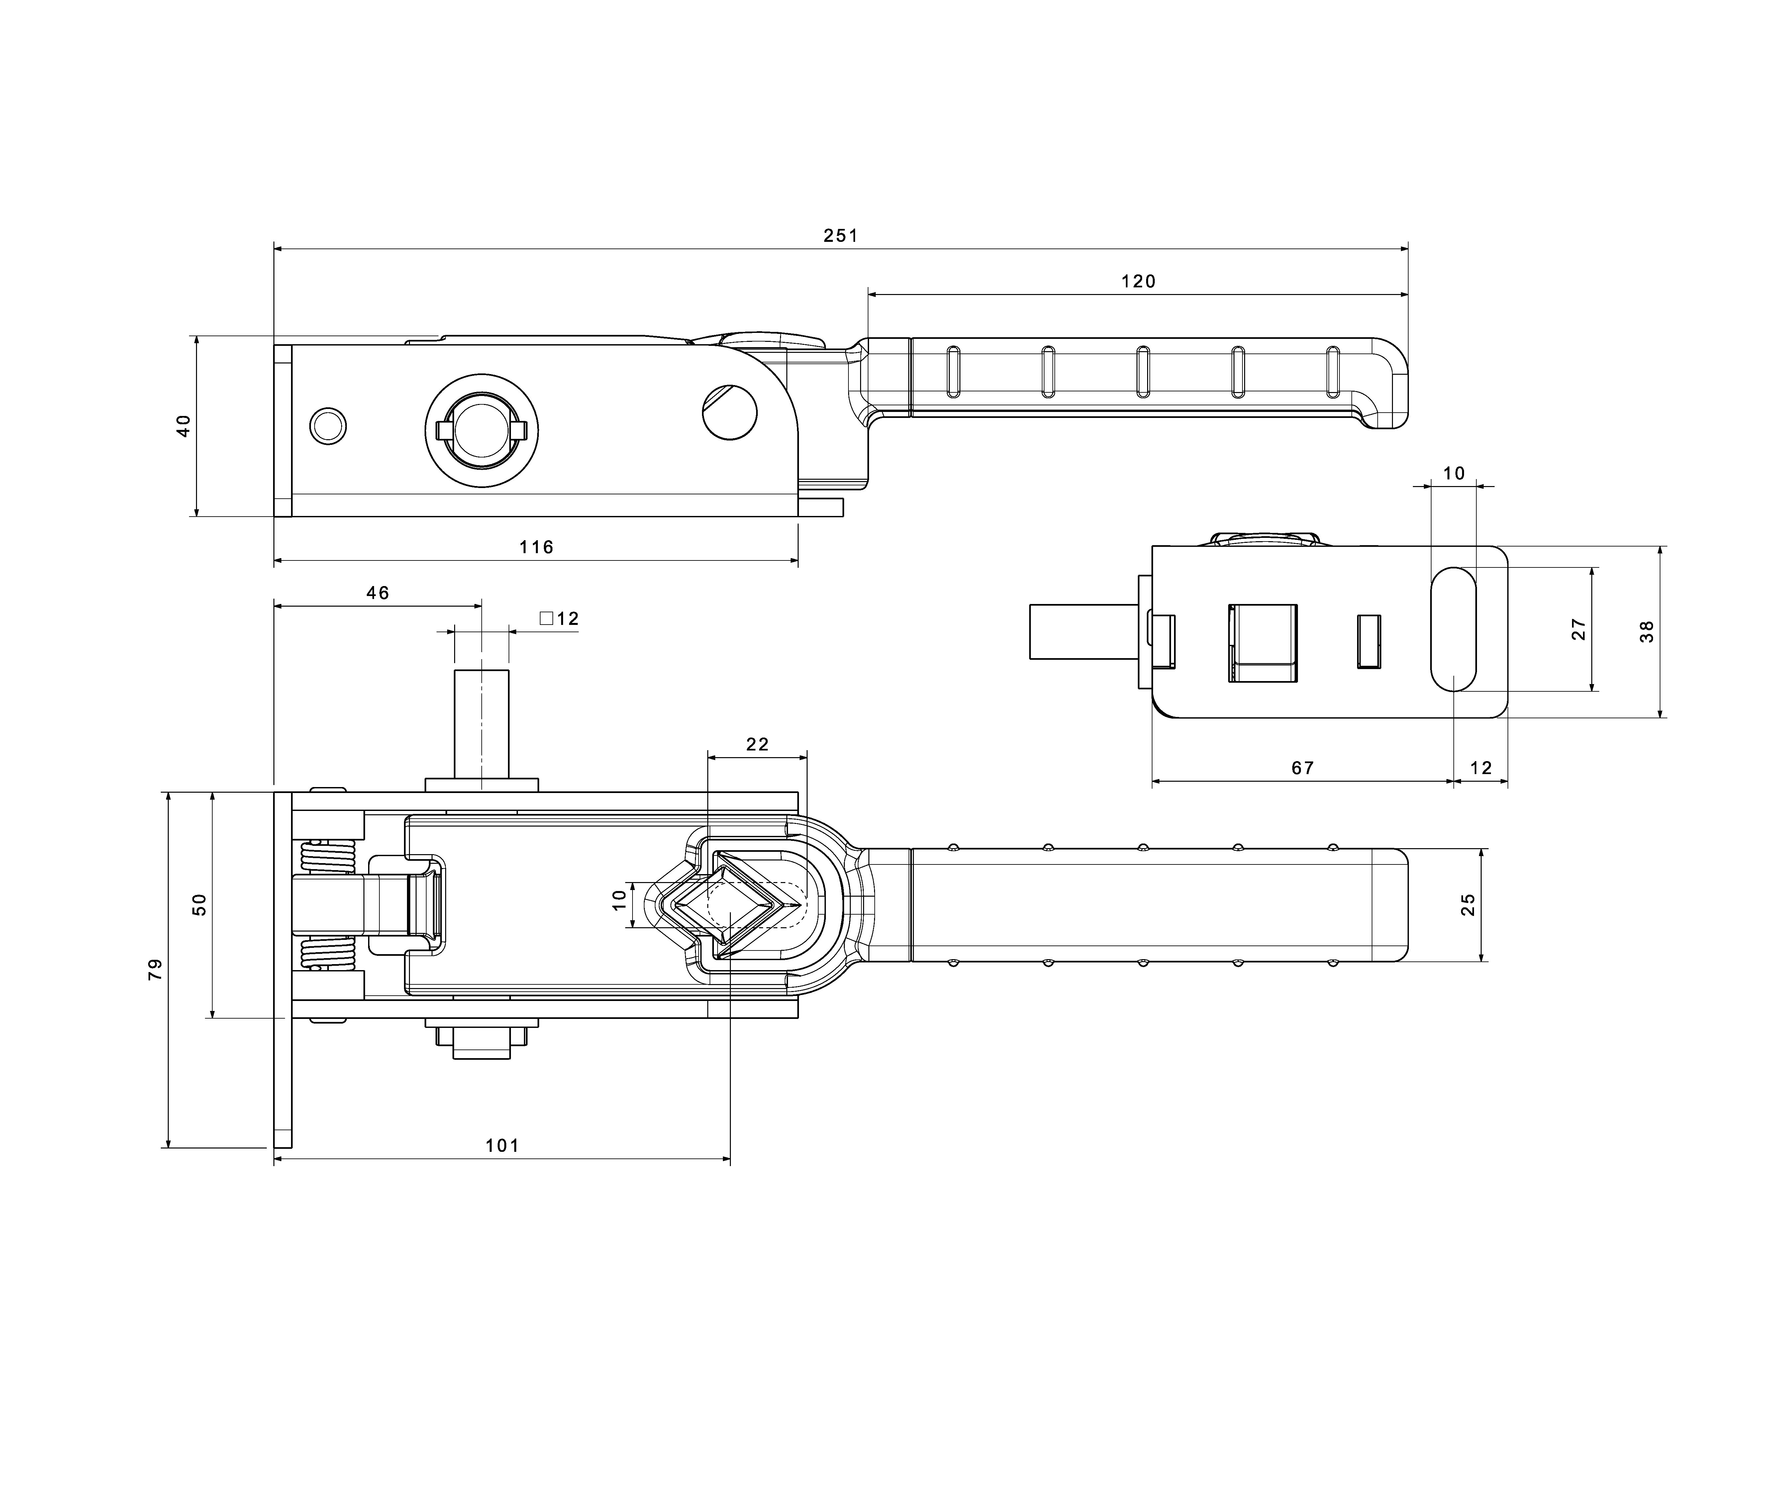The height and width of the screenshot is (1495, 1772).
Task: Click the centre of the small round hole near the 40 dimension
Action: pos(328,426)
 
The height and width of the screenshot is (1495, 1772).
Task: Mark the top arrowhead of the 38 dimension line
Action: pos(1660,552)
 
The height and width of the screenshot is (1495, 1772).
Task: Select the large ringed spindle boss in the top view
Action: pos(481,430)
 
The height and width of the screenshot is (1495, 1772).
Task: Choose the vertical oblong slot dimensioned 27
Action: pos(1453,629)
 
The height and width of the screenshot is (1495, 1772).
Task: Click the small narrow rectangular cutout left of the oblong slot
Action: pos(1369,642)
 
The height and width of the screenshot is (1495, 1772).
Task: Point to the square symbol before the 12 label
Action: pos(546,618)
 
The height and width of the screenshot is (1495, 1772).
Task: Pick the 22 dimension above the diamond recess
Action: pos(758,744)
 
